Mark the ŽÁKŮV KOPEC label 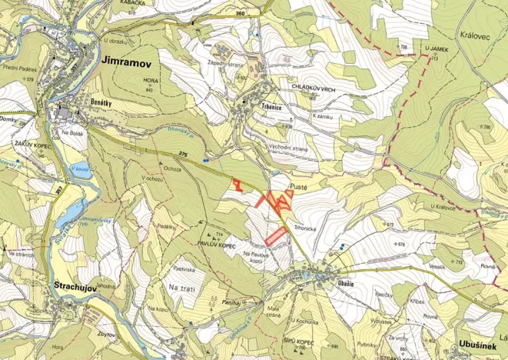click(x=32, y=144)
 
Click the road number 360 click(x=240, y=13)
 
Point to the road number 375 click(x=182, y=153)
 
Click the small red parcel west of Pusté click(x=237, y=184)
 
